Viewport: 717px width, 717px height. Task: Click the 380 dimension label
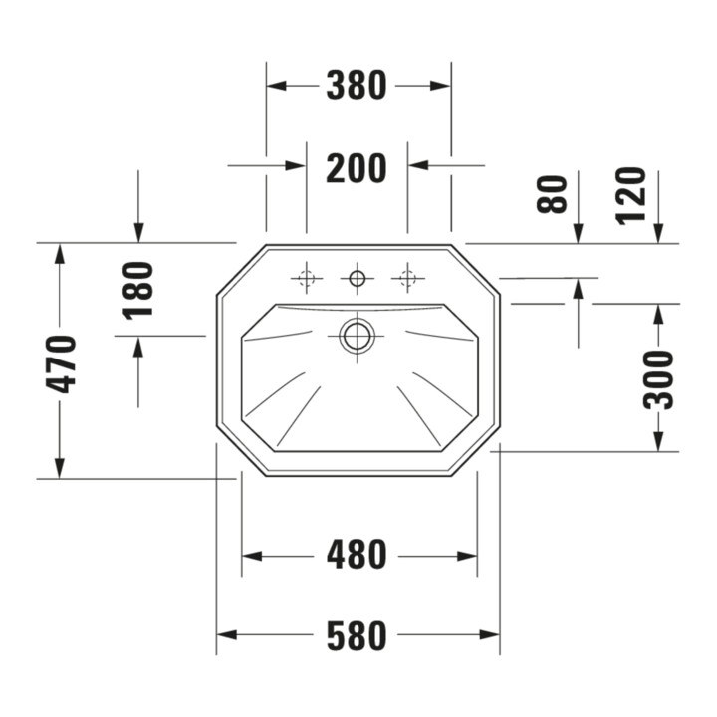(357, 85)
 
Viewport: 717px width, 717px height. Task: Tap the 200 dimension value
(357, 168)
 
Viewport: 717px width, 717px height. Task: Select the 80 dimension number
(552, 194)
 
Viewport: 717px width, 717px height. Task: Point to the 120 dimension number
(631, 196)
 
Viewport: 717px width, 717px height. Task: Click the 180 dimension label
(137, 290)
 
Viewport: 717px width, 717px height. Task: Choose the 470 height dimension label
(61, 364)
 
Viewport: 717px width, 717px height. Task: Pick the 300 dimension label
(658, 379)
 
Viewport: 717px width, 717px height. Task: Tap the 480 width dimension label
(357, 556)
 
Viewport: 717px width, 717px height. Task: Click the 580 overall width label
(357, 635)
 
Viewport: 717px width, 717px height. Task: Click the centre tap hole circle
(358, 278)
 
